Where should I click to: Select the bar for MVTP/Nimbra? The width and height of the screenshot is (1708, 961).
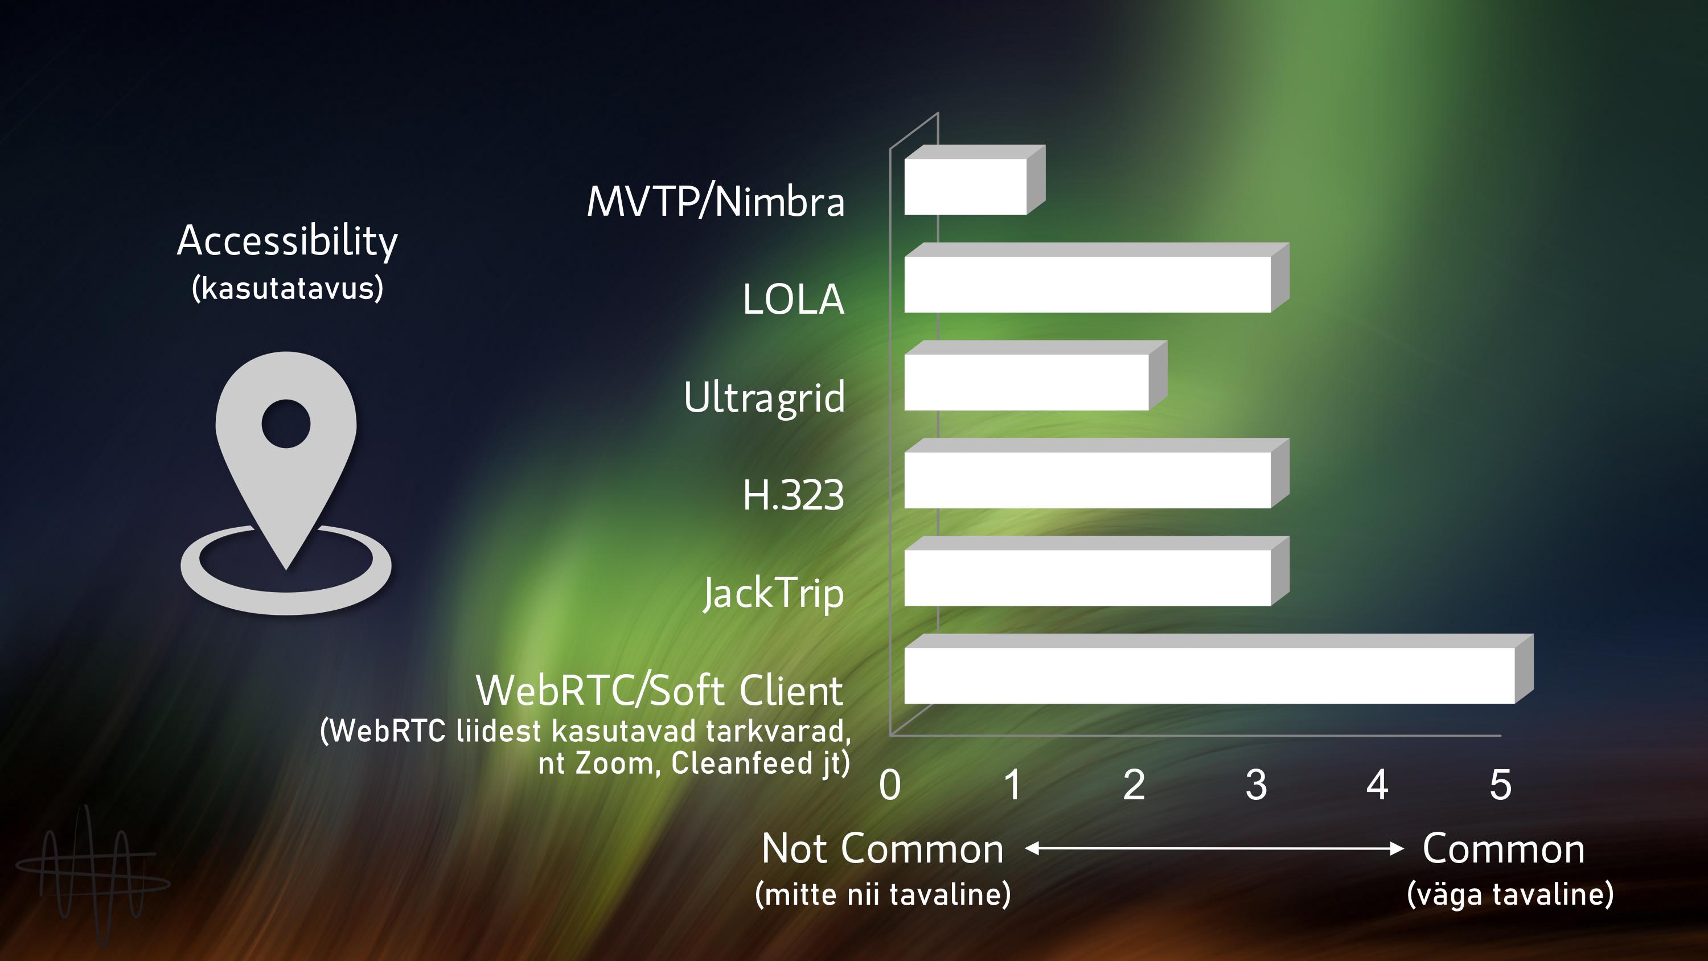974,180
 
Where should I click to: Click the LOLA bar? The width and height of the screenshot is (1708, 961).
1096,278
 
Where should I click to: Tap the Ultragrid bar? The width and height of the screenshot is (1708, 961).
1035,375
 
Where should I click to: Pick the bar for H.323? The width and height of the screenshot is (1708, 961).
1096,474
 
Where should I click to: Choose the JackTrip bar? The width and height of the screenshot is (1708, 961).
1096,571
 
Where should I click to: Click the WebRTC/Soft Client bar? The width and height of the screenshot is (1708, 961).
1218,668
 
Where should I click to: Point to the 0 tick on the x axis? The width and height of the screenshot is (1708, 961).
890,785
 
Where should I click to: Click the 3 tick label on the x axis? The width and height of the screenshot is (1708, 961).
1256,785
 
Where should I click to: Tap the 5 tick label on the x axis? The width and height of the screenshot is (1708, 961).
1500,785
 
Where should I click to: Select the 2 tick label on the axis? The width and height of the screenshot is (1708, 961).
1134,785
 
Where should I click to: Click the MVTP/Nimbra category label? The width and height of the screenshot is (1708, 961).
716,201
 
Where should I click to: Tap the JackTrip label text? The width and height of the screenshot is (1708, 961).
774,593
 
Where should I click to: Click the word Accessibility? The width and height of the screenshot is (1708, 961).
287,241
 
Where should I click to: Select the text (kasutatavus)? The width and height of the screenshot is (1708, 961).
287,289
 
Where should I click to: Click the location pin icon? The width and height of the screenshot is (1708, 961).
286,483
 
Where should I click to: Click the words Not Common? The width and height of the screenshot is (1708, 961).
882,849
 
